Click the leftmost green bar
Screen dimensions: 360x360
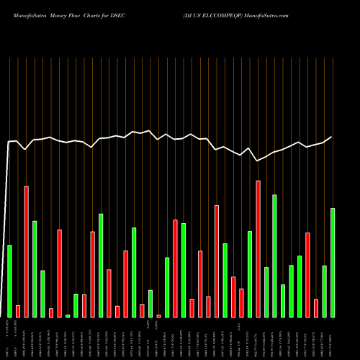tap(9, 281)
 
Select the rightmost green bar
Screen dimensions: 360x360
tap(333, 262)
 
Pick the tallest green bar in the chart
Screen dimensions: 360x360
tap(274, 255)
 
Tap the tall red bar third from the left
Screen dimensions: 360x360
tap(26, 251)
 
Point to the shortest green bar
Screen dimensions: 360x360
tap(68, 315)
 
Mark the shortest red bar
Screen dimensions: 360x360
tap(158, 315)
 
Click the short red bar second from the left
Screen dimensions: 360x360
tap(18, 311)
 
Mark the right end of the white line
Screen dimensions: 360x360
tap(332, 137)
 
